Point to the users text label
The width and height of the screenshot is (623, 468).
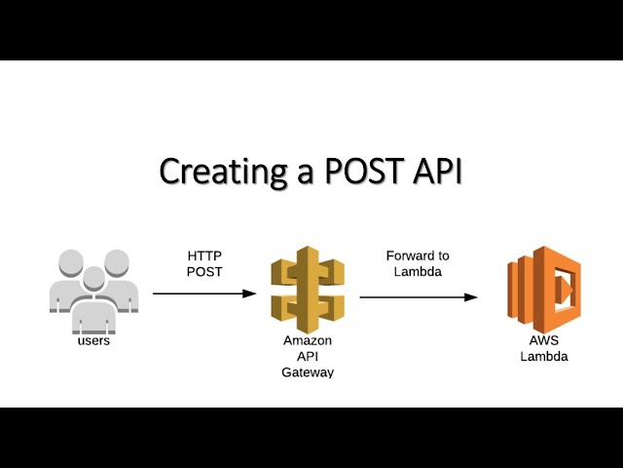[x=93, y=341]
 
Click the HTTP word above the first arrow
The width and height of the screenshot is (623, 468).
[x=204, y=255]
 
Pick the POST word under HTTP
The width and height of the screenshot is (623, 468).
[x=204, y=271]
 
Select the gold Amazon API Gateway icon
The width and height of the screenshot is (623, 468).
[x=308, y=289]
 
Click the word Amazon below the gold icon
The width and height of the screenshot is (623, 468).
[x=308, y=341]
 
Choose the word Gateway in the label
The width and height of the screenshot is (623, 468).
[x=308, y=372]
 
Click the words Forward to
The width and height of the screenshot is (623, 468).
[x=418, y=255]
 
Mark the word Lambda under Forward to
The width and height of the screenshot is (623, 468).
[x=418, y=271]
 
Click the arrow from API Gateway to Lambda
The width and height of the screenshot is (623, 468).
[x=419, y=296]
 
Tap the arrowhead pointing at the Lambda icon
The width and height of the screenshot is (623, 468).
[x=472, y=296]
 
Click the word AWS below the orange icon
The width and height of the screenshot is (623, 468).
[x=544, y=341]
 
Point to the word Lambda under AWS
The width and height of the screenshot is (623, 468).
[x=544, y=357]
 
